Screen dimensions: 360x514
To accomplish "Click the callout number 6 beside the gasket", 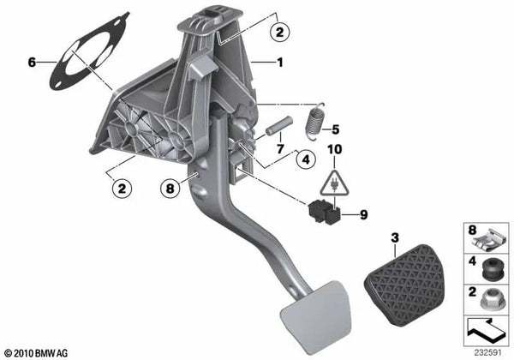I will click(33, 62).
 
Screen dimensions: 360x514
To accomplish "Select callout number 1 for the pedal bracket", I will click(278, 62).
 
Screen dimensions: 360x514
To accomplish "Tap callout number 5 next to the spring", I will click(336, 130).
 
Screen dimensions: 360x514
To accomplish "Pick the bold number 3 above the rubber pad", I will click(394, 237).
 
